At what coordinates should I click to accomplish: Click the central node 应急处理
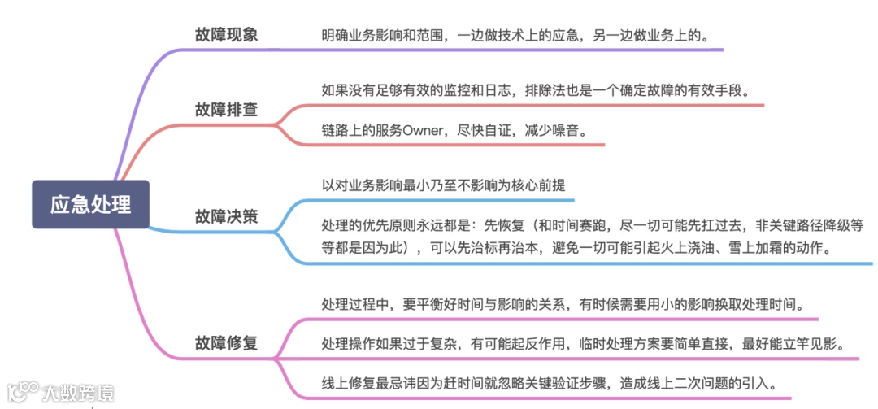point(90,204)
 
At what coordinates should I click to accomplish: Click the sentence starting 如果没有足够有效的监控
point(535,89)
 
